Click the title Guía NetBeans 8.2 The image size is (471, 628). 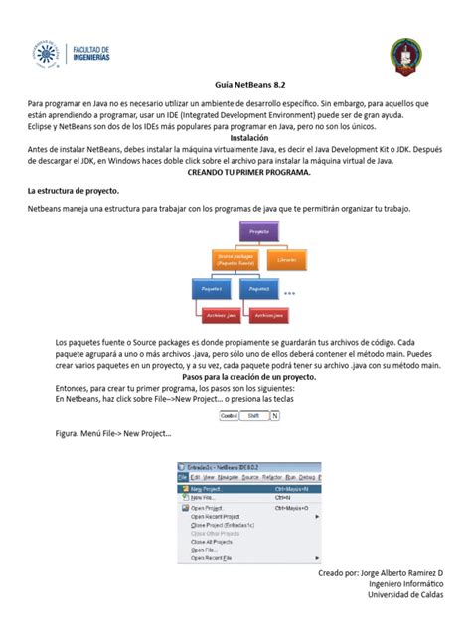[235, 85]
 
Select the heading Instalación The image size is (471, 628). [235, 138]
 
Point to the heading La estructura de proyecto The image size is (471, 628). [75, 189]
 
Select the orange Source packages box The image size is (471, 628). [235, 261]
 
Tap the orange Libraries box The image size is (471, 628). [287, 260]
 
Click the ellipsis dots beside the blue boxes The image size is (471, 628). [290, 294]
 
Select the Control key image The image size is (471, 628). [229, 415]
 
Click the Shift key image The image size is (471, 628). [254, 415]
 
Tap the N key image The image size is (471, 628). [275, 415]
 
